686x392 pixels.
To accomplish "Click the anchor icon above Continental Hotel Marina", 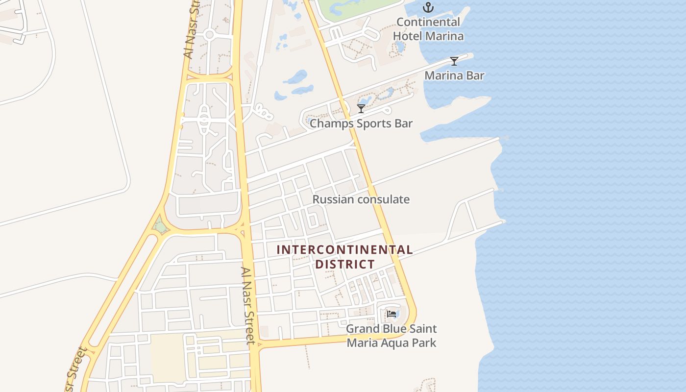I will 428,7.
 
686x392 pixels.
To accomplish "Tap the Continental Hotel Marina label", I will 428,29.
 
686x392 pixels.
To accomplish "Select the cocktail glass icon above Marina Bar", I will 454,61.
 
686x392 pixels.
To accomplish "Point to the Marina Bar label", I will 454,75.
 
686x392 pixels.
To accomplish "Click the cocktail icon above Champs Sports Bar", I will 361,108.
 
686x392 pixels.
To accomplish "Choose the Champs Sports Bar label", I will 361,123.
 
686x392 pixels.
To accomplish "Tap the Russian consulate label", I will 361,199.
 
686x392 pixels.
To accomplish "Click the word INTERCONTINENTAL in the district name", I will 344,250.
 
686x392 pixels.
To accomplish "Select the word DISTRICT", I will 344,265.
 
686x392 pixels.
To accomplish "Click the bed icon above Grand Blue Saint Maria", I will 391,314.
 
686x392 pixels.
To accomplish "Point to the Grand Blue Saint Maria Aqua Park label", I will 391,335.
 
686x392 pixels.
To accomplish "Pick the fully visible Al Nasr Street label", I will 248,305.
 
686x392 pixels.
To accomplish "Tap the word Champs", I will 328,123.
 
